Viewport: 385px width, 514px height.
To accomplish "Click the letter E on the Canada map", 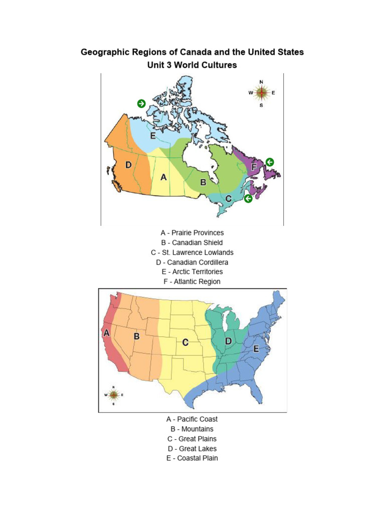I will point(152,136).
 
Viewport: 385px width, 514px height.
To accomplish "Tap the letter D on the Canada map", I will point(128,165).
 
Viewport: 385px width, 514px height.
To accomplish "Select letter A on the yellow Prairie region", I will point(163,177).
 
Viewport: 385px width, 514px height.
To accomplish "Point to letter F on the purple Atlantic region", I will point(254,167).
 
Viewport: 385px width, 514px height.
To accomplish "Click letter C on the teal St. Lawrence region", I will point(228,199).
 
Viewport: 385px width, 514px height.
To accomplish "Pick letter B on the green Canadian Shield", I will point(203,183).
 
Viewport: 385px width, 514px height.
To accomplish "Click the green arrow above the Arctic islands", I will point(141,103).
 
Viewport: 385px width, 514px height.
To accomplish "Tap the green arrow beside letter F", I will point(270,162).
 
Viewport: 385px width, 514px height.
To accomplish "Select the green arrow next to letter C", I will point(248,199).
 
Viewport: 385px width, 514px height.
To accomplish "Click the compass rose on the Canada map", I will point(262,93).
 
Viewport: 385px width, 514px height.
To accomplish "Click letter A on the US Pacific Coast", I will point(106,332).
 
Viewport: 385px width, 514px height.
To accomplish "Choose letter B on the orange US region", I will point(136,337).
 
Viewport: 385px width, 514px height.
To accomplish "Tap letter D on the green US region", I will point(229,341).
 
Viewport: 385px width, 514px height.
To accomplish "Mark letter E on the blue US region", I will point(256,349).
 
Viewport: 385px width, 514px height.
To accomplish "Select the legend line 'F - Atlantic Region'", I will point(192,282).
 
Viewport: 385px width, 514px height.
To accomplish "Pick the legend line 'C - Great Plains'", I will point(192,439).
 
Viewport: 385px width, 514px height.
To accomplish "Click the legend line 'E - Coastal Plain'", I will point(192,458).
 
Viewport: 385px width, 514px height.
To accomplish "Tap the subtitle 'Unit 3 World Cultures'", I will point(192,65).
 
